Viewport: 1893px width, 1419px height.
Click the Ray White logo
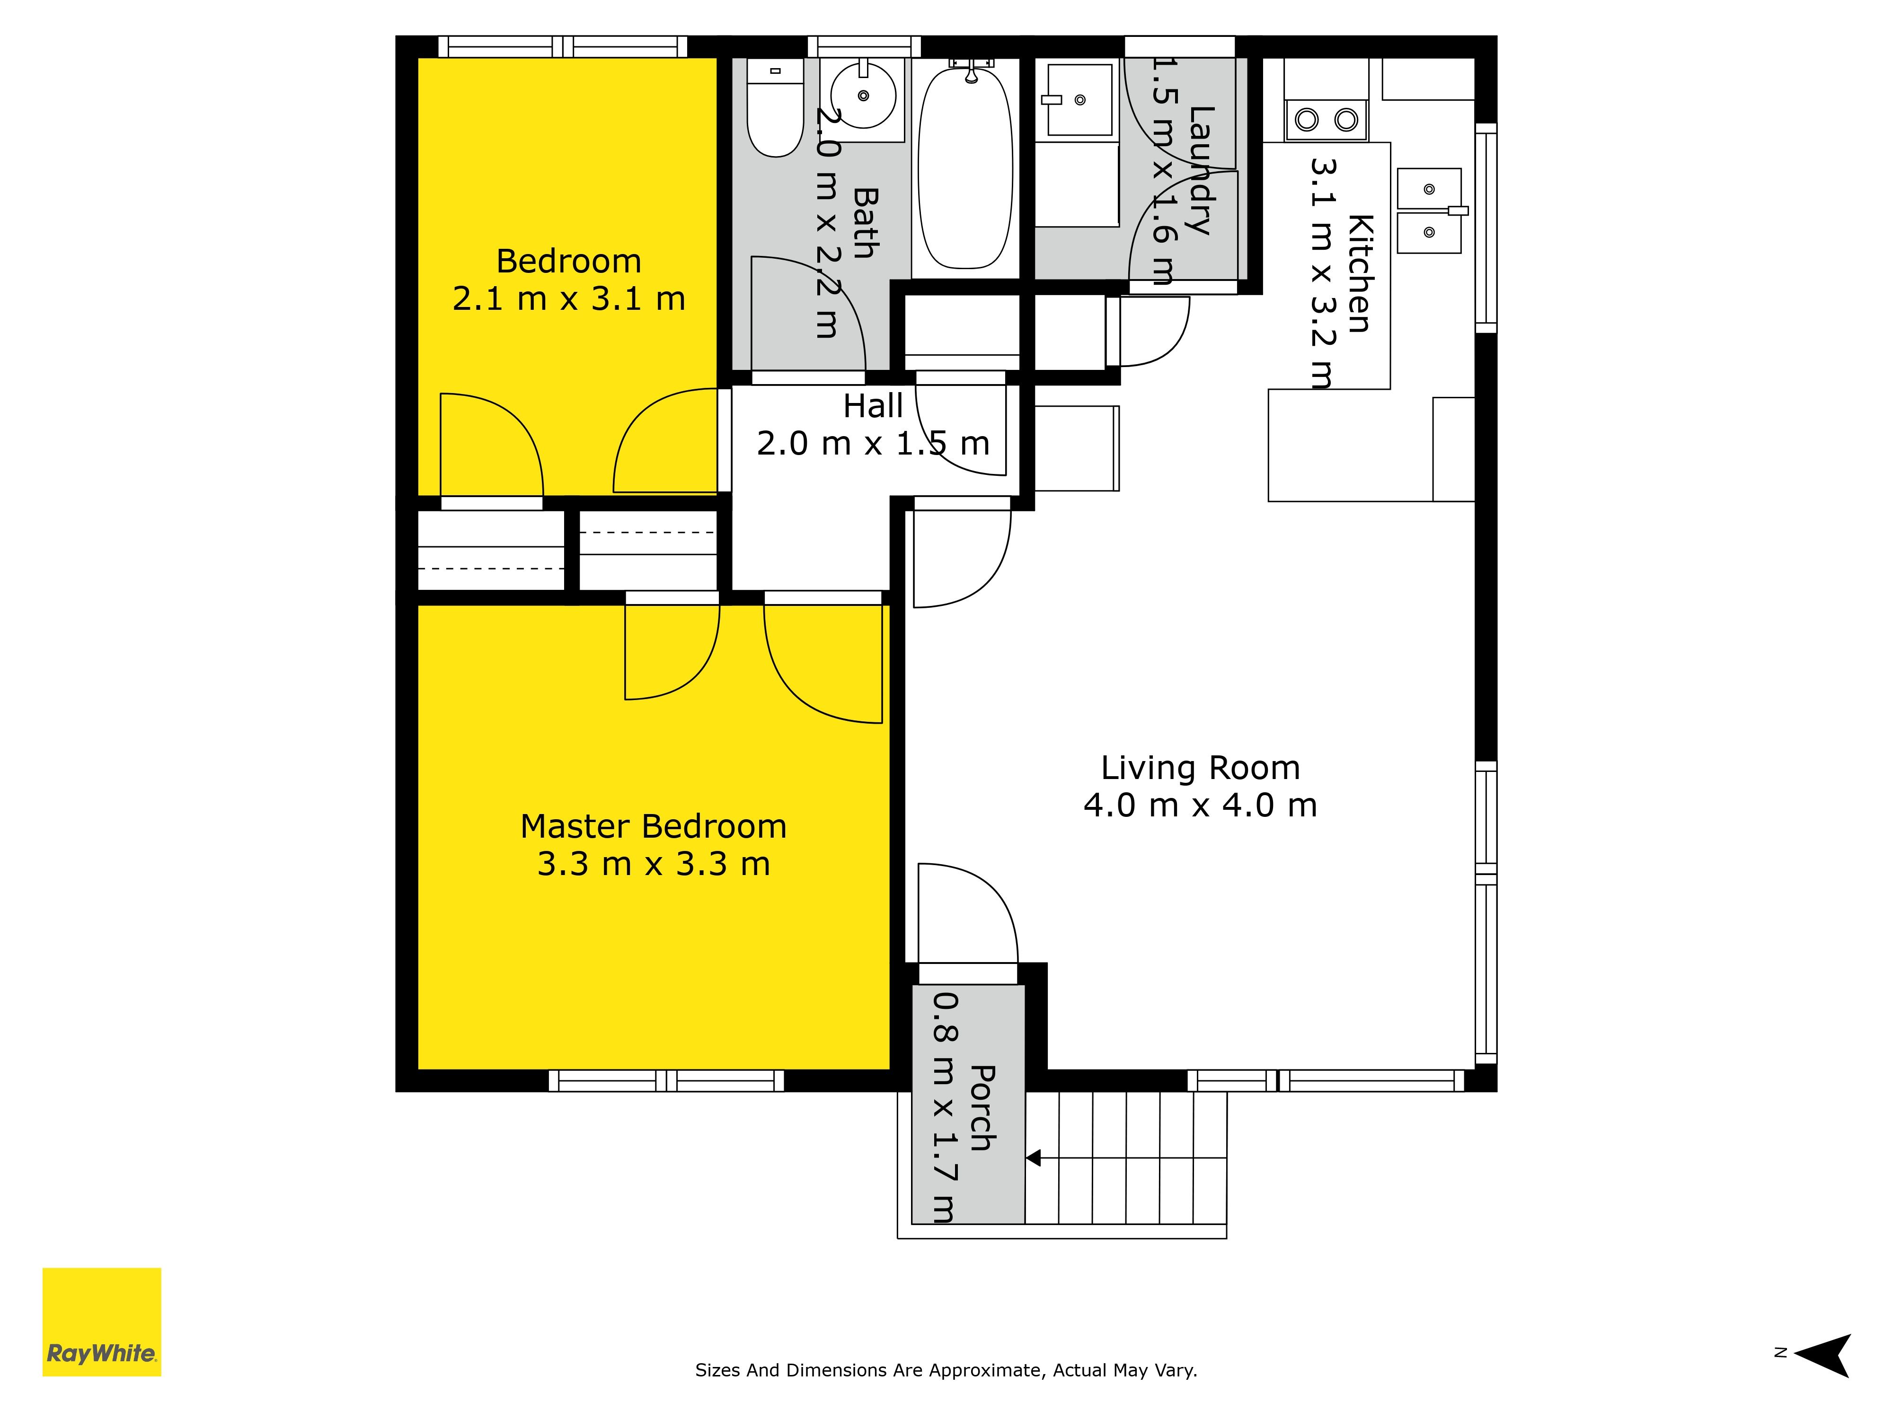[102, 1322]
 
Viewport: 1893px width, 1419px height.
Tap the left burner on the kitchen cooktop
[1307, 120]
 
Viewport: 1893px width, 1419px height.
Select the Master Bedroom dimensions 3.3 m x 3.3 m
[654, 864]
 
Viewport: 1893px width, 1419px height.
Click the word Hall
[873, 406]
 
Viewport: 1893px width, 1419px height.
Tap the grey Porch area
[968, 1104]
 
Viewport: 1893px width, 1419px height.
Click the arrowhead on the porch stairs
[1033, 1158]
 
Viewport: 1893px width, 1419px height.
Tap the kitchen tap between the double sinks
[1458, 210]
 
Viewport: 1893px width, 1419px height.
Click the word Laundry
[1202, 171]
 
